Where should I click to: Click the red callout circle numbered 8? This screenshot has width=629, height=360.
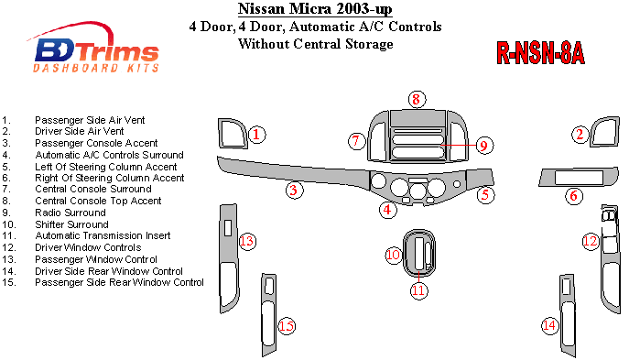coord(417,99)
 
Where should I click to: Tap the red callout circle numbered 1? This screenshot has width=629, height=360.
coord(256,134)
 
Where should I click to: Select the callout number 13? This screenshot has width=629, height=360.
coord(247,241)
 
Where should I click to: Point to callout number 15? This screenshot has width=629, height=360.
coord(287,326)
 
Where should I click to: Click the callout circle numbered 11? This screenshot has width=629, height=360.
coord(418,290)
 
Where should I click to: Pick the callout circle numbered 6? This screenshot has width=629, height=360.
coord(574,196)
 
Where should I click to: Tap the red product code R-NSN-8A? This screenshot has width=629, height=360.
coord(540,53)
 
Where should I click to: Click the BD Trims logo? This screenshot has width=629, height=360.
coord(96,49)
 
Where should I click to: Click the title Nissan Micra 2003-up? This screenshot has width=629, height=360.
coord(315,9)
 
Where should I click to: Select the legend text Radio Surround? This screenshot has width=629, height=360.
coord(70,213)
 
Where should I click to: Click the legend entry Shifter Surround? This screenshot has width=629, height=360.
coord(71,224)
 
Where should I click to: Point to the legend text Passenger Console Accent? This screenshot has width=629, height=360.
coord(96,143)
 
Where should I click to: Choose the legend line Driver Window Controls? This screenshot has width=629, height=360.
coord(88,247)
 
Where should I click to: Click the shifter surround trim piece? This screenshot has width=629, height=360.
coord(406,254)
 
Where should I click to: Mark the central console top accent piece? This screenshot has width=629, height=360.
coord(418,117)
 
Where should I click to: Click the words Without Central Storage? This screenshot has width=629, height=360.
coord(316,44)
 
